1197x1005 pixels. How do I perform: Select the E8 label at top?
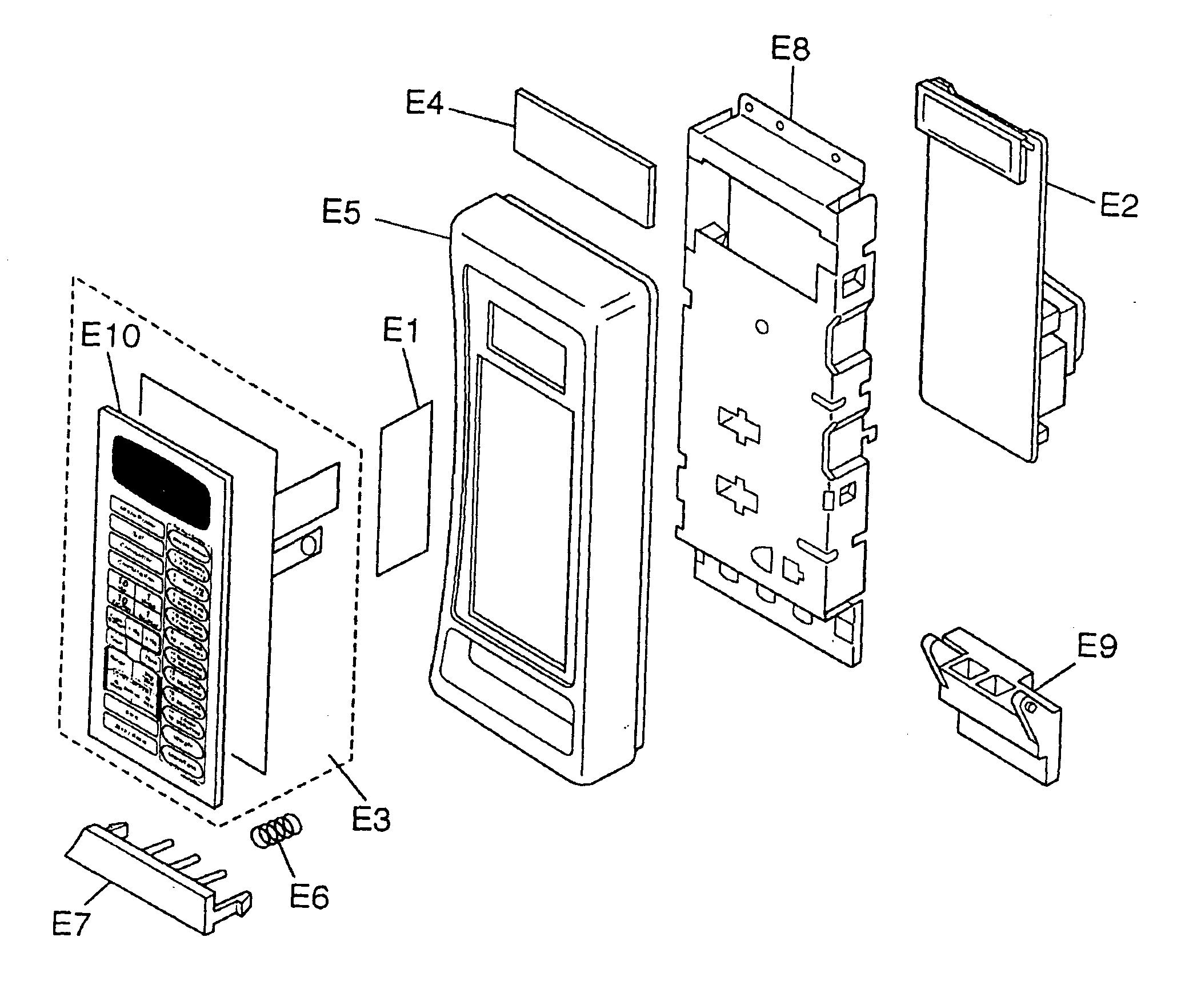click(x=790, y=49)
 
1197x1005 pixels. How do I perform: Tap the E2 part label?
click(x=1119, y=206)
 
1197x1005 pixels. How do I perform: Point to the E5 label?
click(x=341, y=213)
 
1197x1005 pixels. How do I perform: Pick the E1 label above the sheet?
click(x=401, y=330)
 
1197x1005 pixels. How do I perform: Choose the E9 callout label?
click(x=1096, y=647)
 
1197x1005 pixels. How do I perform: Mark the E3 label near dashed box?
click(x=370, y=819)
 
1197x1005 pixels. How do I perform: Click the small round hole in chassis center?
click(x=761, y=327)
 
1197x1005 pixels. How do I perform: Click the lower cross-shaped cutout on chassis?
click(x=737, y=494)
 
